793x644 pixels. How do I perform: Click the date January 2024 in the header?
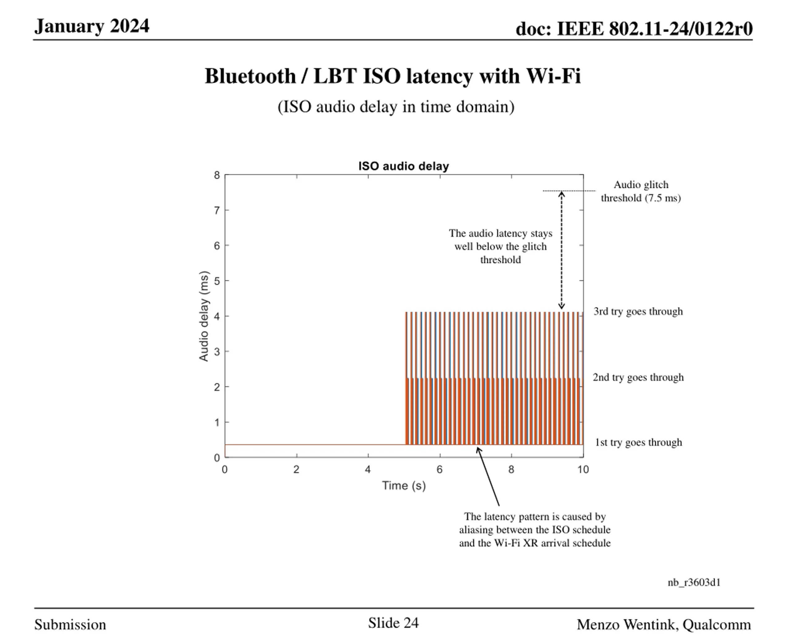pyautogui.click(x=92, y=26)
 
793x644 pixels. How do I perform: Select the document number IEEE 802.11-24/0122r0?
pyautogui.click(x=634, y=28)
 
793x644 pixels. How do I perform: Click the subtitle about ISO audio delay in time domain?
pyautogui.click(x=396, y=107)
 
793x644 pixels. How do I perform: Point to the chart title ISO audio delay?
pyautogui.click(x=403, y=166)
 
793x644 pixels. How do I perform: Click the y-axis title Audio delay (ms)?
pyautogui.click(x=204, y=316)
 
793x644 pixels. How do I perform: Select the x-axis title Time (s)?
pyautogui.click(x=404, y=485)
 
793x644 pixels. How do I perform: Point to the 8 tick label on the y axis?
pyautogui.click(x=217, y=175)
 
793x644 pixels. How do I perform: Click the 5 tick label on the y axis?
pyautogui.click(x=217, y=281)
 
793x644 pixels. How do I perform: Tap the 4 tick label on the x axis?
pyautogui.click(x=368, y=470)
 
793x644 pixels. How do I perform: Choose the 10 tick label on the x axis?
pyautogui.click(x=583, y=470)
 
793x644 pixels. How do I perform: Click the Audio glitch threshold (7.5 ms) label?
pyautogui.click(x=641, y=191)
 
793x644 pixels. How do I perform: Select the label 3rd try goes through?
pyautogui.click(x=638, y=311)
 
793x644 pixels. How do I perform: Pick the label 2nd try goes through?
pyautogui.click(x=638, y=377)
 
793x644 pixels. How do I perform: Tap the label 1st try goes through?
pyautogui.click(x=638, y=442)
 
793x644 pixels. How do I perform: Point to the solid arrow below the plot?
pyautogui.click(x=488, y=477)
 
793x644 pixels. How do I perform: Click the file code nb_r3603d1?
pyautogui.click(x=694, y=582)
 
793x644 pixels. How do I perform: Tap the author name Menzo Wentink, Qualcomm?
pyautogui.click(x=664, y=625)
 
